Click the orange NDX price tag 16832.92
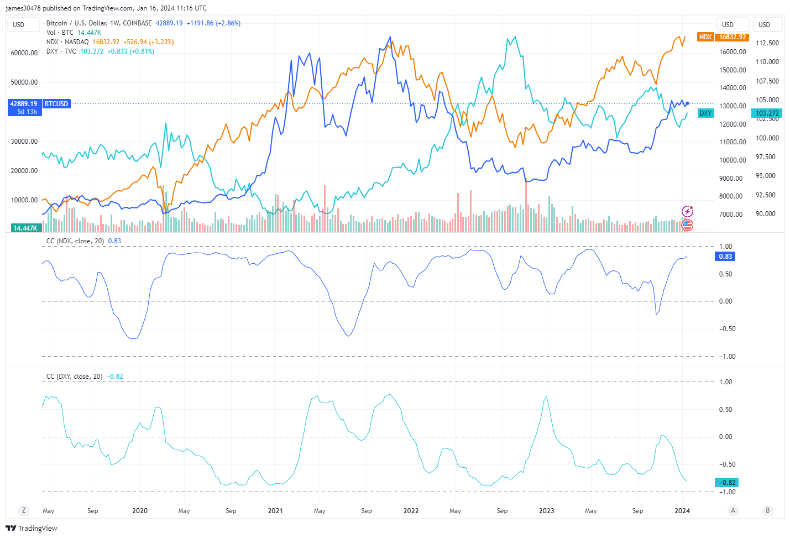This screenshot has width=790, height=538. click(x=732, y=37)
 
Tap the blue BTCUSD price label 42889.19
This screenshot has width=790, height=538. click(x=24, y=104)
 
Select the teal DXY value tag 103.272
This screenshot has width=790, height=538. click(x=767, y=113)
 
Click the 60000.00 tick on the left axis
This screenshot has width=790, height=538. click(x=24, y=53)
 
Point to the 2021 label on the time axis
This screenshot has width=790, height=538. click(x=275, y=511)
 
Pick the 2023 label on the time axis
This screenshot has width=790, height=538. click(x=546, y=511)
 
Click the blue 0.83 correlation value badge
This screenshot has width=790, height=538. click(x=725, y=257)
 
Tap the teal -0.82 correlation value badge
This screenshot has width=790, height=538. click(x=726, y=483)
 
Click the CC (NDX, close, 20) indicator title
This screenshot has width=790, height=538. click(x=75, y=241)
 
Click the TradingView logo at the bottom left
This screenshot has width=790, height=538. click(x=32, y=528)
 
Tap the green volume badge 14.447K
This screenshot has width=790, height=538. click(x=25, y=228)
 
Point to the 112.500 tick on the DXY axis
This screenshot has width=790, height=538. click(x=767, y=43)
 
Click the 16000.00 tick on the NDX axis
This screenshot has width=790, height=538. click(x=733, y=52)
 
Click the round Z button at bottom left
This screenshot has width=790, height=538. click(x=23, y=510)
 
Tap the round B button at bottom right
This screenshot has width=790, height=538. click(x=767, y=510)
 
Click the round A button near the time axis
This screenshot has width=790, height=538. click(x=733, y=510)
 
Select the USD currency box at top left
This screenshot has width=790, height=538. click(x=19, y=24)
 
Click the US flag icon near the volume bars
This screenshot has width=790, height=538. click(x=687, y=224)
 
